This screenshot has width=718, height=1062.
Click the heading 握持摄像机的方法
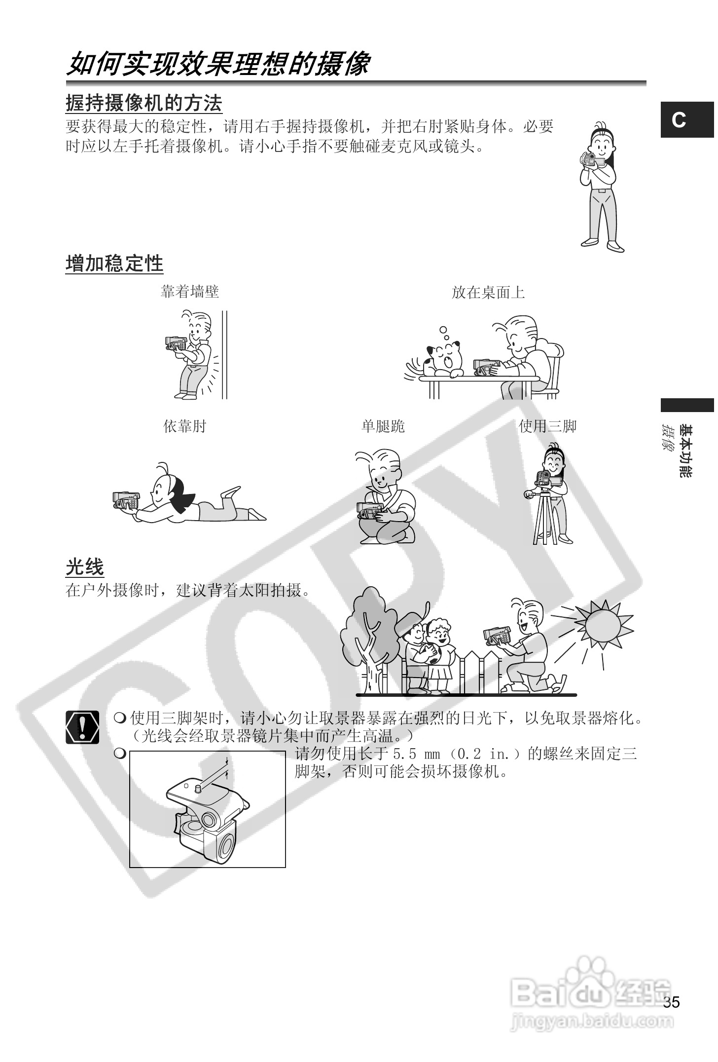144,103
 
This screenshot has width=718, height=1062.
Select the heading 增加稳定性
114,264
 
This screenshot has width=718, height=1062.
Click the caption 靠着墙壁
190,292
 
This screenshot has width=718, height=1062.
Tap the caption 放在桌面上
488,293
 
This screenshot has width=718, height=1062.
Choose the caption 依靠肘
184,426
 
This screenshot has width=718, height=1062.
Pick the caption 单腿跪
383,426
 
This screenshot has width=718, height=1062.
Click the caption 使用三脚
547,426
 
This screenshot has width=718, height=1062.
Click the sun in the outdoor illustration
602,624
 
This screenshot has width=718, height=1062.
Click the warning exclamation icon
82,727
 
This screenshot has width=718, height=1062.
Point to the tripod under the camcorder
545,518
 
